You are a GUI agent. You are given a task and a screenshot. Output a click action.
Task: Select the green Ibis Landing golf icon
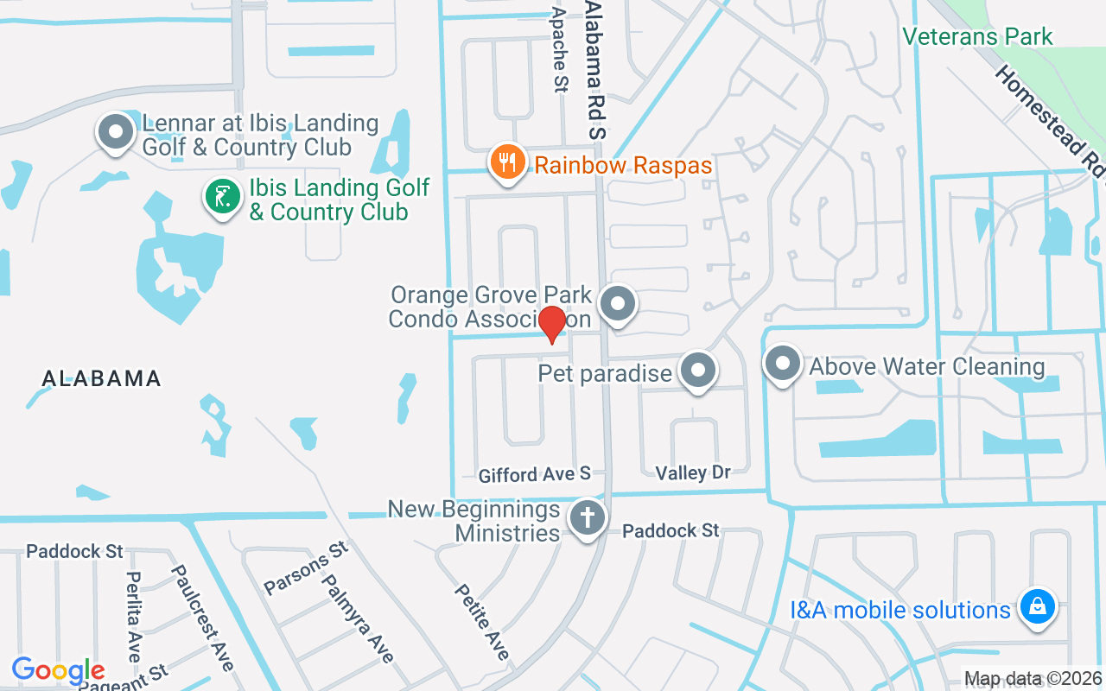click(x=223, y=197)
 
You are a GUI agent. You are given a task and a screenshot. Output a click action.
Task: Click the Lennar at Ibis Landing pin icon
click(x=115, y=133)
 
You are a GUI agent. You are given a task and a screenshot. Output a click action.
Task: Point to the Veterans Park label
click(x=977, y=36)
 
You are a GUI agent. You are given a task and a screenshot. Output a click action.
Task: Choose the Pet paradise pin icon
click(x=698, y=371)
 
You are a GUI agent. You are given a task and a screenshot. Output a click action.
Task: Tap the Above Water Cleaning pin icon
click(x=783, y=365)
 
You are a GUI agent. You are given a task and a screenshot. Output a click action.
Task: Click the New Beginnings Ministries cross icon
click(x=587, y=518)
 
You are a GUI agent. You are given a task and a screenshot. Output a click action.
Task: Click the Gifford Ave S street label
click(x=535, y=474)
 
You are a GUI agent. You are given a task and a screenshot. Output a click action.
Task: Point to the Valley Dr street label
click(x=693, y=472)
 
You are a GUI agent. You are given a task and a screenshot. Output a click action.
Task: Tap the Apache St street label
click(x=560, y=49)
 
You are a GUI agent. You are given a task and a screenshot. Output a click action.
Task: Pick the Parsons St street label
click(x=306, y=567)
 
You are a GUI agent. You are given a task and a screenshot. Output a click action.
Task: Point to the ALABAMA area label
click(x=102, y=378)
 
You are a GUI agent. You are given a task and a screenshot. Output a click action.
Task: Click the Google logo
click(x=59, y=670)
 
